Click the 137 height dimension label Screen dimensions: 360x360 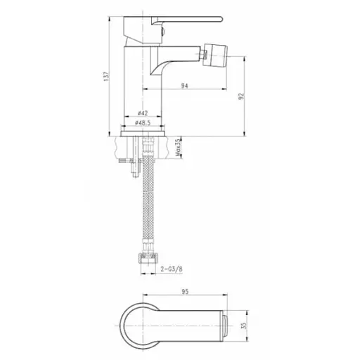107,77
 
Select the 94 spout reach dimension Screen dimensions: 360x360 185,86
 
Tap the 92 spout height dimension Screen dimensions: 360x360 241,96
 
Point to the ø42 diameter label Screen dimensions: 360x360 143,113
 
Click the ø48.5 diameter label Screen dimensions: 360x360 143,122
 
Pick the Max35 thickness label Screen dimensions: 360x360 178,148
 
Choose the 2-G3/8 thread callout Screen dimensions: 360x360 172,269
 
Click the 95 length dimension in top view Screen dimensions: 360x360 185,292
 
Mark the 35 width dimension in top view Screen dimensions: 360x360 244,326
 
